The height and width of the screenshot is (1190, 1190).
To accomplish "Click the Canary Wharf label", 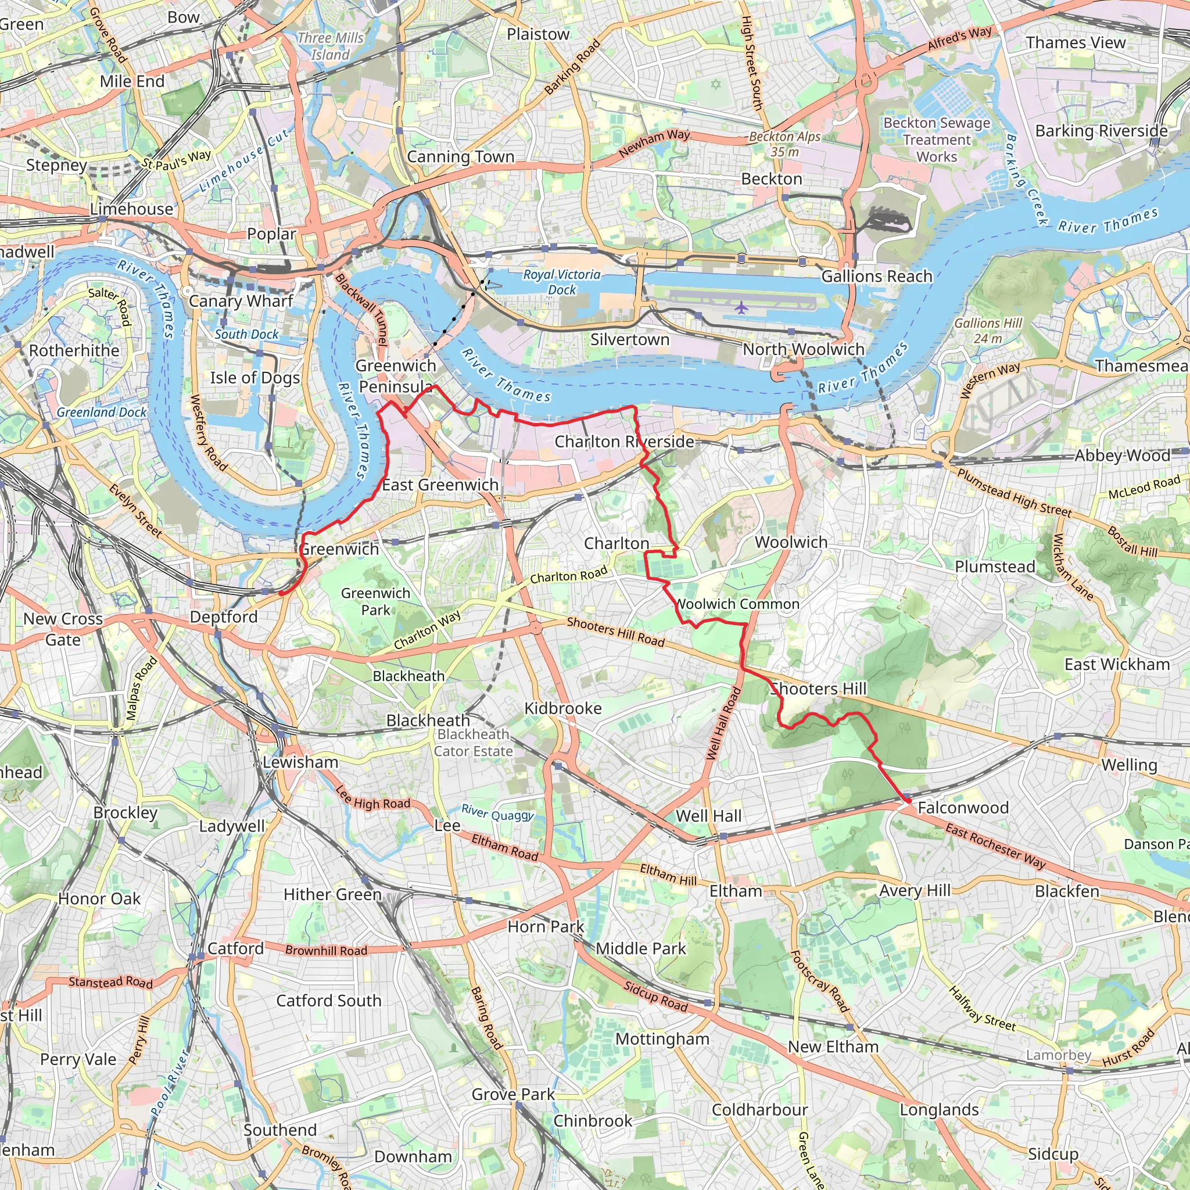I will pos(241,301).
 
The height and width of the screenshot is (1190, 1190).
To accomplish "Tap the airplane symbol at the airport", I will pos(741,307).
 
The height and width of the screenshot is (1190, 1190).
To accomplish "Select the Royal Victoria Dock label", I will pos(562,282).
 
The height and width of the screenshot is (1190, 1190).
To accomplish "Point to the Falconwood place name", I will pos(963,808).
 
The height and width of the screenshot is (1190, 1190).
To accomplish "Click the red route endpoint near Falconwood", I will pos(906,801).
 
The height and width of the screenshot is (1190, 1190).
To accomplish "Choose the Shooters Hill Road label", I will pos(615,632).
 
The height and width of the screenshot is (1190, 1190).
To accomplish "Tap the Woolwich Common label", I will pos(737,604).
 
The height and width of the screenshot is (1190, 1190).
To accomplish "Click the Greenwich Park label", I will pos(376,601).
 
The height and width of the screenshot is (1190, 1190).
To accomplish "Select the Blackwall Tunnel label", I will pos(361,309).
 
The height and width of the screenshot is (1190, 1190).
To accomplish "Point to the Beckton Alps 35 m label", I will pos(784,144).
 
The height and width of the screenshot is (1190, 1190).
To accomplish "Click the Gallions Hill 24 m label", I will pos(988,331).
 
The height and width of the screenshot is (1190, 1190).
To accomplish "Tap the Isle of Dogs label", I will pos(255,378).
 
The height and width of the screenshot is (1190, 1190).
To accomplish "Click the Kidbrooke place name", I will pos(563,708).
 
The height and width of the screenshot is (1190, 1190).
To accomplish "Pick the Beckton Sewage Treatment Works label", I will pos(937,140).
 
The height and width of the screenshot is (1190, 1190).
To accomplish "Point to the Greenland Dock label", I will pos(102,412).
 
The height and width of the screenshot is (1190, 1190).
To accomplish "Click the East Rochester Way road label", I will pos(995,846).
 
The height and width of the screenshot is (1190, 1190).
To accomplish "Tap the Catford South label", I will pos(329,1001).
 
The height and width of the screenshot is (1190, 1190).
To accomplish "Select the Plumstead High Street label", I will pos(1014,493).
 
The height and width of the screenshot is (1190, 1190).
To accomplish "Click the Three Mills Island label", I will pos(331,46).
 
